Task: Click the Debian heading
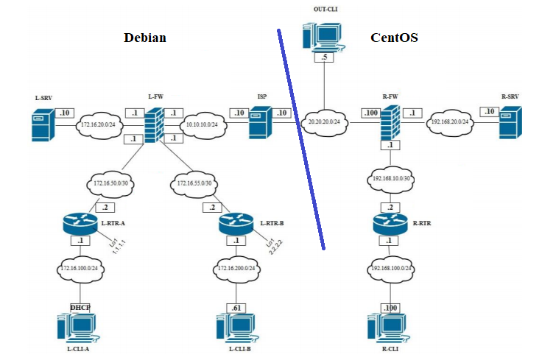(x=144, y=38)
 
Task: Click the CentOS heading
(x=394, y=38)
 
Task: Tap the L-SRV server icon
(x=43, y=125)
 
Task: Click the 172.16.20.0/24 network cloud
(x=100, y=124)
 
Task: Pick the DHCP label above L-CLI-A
(x=79, y=306)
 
